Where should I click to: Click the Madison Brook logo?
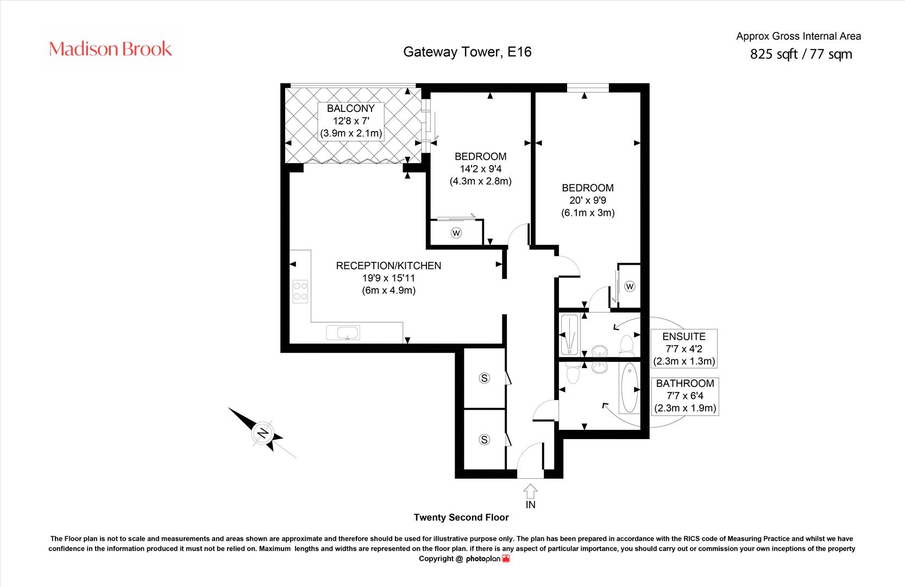[x=110, y=49]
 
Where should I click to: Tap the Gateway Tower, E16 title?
[x=467, y=52]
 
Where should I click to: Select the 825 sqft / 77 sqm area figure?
[x=801, y=54]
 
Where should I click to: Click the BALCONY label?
[x=350, y=109]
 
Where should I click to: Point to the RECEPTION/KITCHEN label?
[x=388, y=266]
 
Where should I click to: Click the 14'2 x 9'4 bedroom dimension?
[x=480, y=169]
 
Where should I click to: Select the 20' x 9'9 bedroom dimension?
[x=588, y=200]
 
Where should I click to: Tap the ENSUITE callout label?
[x=684, y=337]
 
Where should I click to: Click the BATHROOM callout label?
[x=685, y=384]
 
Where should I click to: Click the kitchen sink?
[x=343, y=332]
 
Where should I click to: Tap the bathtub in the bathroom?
[x=629, y=388]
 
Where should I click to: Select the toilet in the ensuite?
[x=626, y=344]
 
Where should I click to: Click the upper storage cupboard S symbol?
[x=485, y=378]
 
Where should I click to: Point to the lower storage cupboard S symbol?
[x=485, y=440]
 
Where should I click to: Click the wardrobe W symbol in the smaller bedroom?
[x=456, y=233]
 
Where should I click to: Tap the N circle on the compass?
[x=262, y=433]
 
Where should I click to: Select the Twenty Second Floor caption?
[x=461, y=517]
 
